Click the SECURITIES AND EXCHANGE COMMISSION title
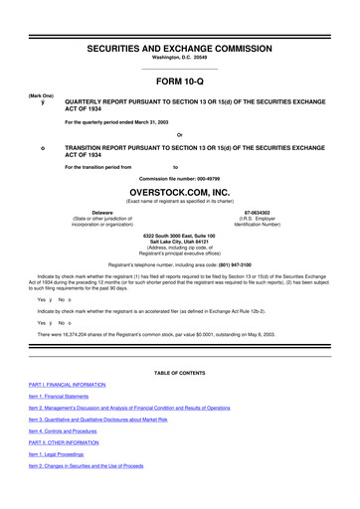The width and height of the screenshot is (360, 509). coord(179,46)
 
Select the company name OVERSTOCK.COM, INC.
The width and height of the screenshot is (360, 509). coord(179,196)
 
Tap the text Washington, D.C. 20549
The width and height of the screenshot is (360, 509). coord(179,59)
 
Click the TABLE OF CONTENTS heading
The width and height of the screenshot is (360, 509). coord(179,371)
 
